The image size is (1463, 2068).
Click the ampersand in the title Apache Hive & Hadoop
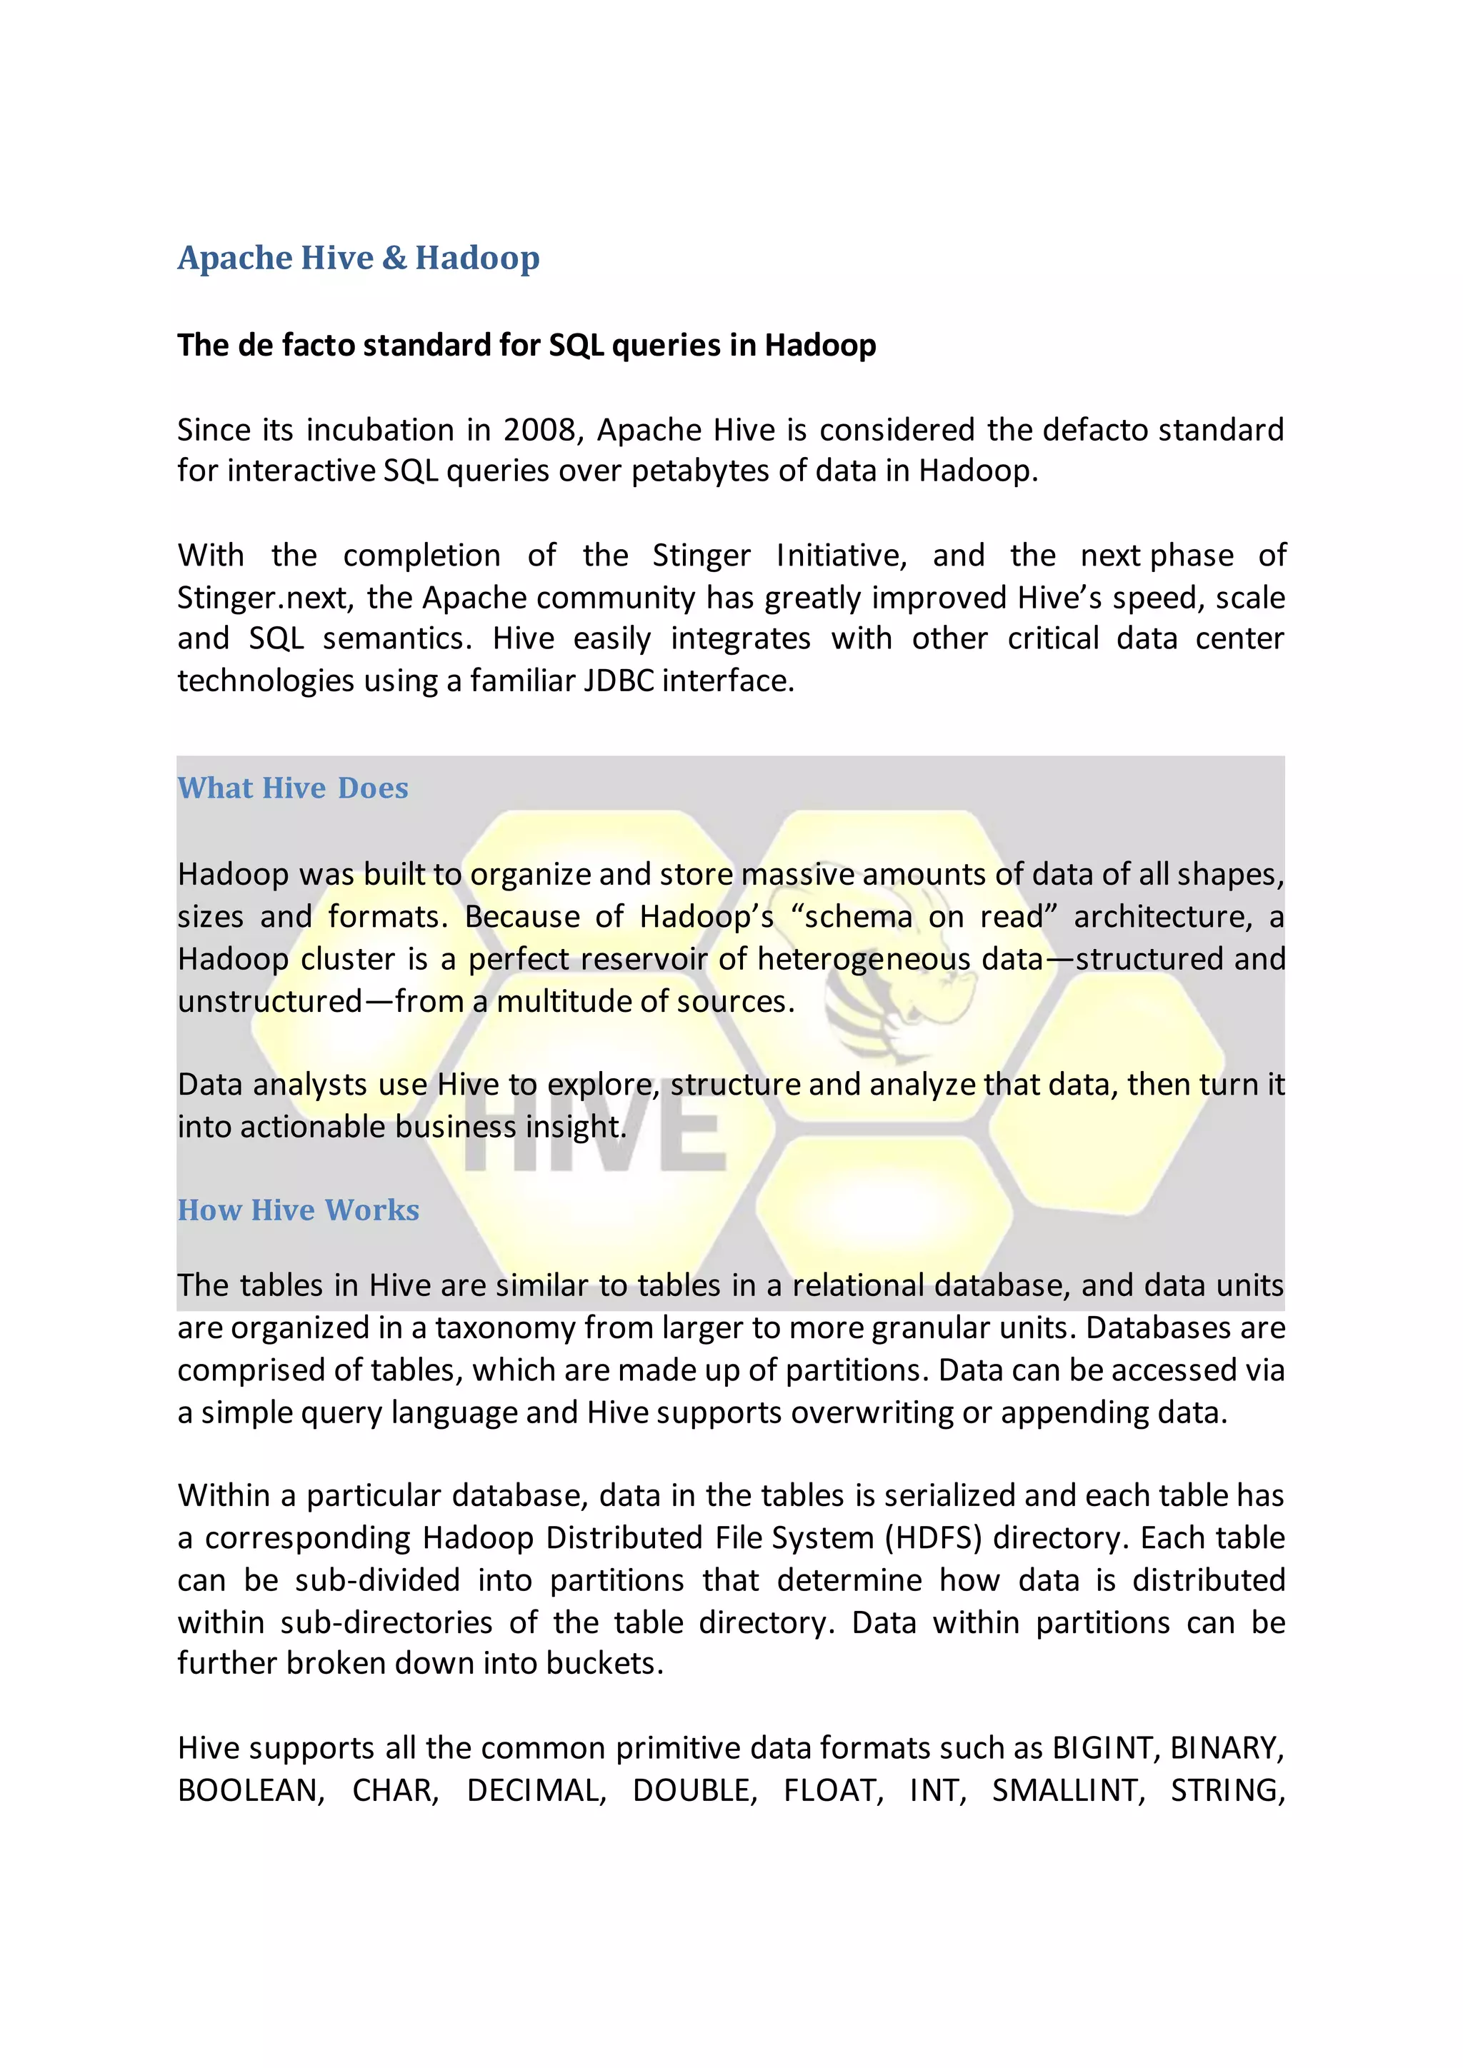click(394, 258)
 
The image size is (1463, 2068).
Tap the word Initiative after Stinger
click(841, 556)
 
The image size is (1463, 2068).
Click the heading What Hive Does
click(293, 788)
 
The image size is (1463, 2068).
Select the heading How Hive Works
click(298, 1210)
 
